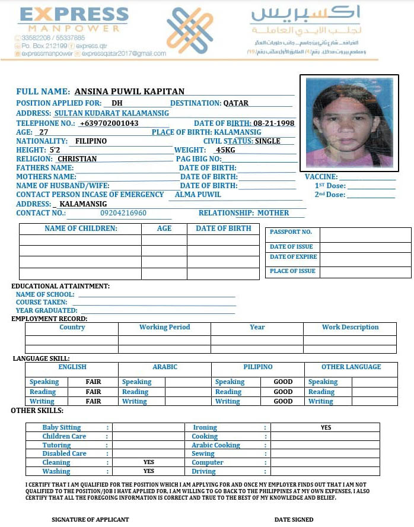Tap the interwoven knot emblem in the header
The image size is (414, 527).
(x=189, y=30)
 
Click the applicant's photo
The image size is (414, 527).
(x=349, y=123)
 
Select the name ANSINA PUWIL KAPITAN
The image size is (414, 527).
(x=129, y=91)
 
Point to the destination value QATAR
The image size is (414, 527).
(x=236, y=103)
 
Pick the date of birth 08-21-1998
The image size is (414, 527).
(x=272, y=123)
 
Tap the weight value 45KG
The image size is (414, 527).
(x=225, y=150)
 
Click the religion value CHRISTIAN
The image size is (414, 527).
(x=77, y=159)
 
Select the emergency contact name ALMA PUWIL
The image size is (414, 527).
(x=198, y=195)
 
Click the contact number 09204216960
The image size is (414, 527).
(x=123, y=213)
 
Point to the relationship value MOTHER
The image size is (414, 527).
(x=273, y=213)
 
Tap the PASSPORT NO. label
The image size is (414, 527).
(x=291, y=232)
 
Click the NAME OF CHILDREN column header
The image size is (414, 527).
(x=81, y=228)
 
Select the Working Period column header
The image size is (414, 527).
(x=164, y=327)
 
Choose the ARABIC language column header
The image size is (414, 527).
(x=165, y=367)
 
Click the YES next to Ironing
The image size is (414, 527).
(x=326, y=427)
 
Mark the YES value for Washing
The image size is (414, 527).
(x=148, y=471)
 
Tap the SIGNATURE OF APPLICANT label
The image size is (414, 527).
(x=90, y=519)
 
